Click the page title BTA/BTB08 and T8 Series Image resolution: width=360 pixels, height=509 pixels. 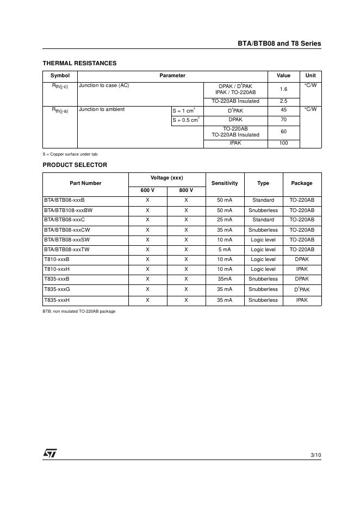[x=279, y=44]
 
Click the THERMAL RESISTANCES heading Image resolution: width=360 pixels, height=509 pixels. [x=79, y=63]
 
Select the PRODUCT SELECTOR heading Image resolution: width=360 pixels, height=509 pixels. [x=75, y=165]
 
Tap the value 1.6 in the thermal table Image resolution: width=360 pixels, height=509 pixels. [x=283, y=89]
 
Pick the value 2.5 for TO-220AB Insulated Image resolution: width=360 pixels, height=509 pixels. [x=283, y=101]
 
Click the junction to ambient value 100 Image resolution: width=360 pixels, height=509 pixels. [x=283, y=143]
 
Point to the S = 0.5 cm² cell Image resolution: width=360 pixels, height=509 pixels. [x=186, y=120]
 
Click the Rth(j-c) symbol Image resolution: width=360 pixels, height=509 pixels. [x=60, y=86]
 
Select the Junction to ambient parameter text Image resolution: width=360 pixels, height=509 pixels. [x=102, y=109]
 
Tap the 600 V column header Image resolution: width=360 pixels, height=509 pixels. [x=147, y=190]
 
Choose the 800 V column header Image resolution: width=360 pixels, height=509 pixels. [x=186, y=190]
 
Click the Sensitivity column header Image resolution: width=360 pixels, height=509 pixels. [x=225, y=183]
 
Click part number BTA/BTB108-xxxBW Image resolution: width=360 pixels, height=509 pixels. [x=69, y=210]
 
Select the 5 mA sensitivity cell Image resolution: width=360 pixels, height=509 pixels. [x=225, y=250]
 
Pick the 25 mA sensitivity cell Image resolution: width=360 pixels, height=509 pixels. [x=225, y=220]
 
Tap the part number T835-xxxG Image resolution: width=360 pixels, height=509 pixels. [x=57, y=289]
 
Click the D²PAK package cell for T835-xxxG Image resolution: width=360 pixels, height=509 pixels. [x=302, y=290]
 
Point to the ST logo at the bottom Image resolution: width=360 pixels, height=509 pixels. [x=50, y=454]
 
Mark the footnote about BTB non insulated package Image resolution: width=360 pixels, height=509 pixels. [x=79, y=312]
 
